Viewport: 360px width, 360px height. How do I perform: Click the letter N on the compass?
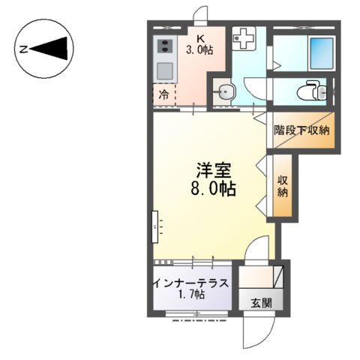[24, 50]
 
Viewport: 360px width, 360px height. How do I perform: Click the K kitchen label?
[200, 39]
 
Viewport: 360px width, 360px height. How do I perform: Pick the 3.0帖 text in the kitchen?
[200, 51]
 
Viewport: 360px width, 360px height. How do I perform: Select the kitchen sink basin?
[163, 73]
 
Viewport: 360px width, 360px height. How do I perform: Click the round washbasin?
[225, 94]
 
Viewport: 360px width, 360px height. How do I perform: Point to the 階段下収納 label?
[302, 130]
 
